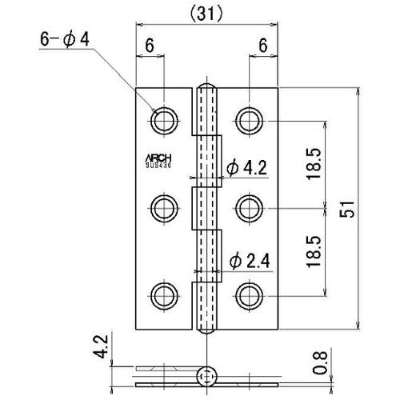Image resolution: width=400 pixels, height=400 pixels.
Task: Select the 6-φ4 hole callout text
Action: (68, 38)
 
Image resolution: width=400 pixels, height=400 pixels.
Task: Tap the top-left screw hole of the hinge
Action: (164, 121)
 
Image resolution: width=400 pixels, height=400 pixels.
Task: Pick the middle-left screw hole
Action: (164, 207)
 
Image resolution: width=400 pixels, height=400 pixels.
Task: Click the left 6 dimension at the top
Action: (150, 47)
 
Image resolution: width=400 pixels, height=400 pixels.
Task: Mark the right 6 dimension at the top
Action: (263, 47)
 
